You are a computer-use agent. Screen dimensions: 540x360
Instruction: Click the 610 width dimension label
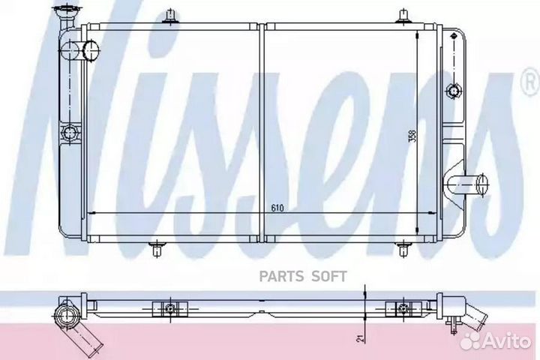pyautogui.click(x=277, y=208)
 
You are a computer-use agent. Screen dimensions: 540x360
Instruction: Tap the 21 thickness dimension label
pyautogui.click(x=360, y=339)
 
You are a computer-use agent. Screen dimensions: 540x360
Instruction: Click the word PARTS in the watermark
pyautogui.click(x=281, y=276)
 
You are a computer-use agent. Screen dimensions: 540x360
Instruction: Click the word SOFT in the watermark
pyautogui.click(x=329, y=276)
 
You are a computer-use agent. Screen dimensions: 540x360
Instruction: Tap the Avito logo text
pyautogui.click(x=506, y=341)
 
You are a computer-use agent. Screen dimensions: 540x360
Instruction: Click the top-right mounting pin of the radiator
pyautogui.click(x=403, y=17)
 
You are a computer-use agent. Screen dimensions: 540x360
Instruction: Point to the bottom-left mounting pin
pyautogui.click(x=157, y=249)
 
